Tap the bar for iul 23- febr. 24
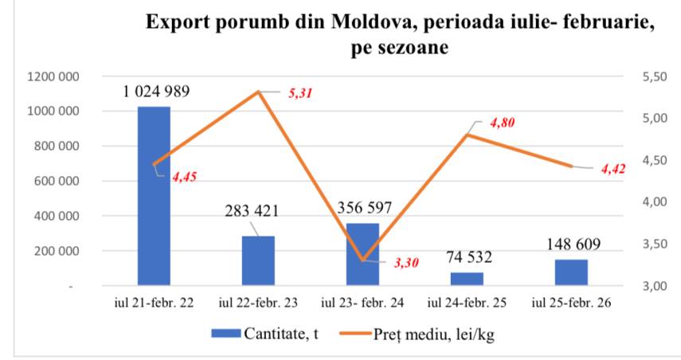coord(362,253)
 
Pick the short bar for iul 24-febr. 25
coord(467,278)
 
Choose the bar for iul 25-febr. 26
coord(571,272)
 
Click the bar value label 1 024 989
coord(156,91)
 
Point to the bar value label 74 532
coord(468,257)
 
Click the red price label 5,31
coord(300,93)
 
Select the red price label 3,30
coord(406,262)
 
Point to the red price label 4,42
coord(615,169)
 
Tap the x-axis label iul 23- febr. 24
coord(362,303)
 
